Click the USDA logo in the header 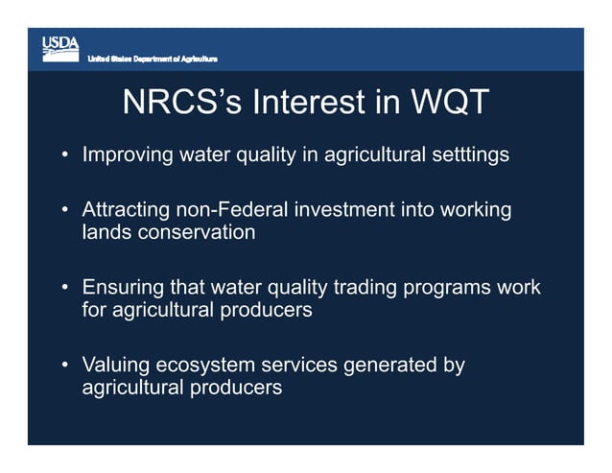click(x=59, y=49)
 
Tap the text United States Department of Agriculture click(x=153, y=60)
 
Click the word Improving click(x=126, y=154)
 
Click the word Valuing click(x=116, y=366)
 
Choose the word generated click(x=383, y=366)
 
